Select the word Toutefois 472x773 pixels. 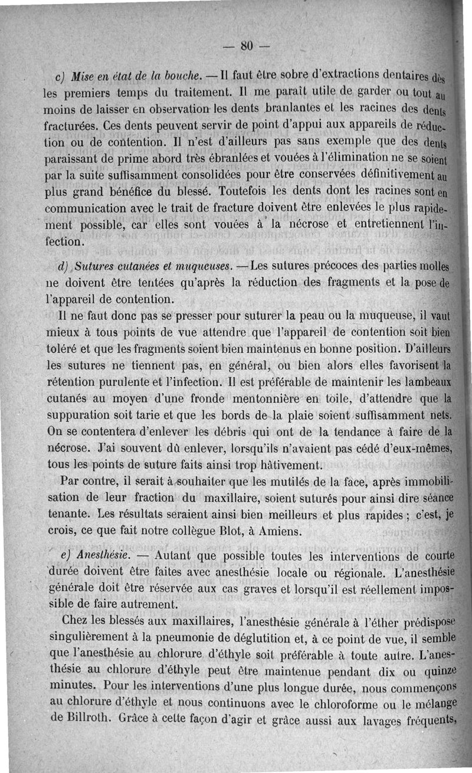[x=243, y=192]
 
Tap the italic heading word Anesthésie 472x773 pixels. [x=103, y=556]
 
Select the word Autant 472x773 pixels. [x=172, y=556]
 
